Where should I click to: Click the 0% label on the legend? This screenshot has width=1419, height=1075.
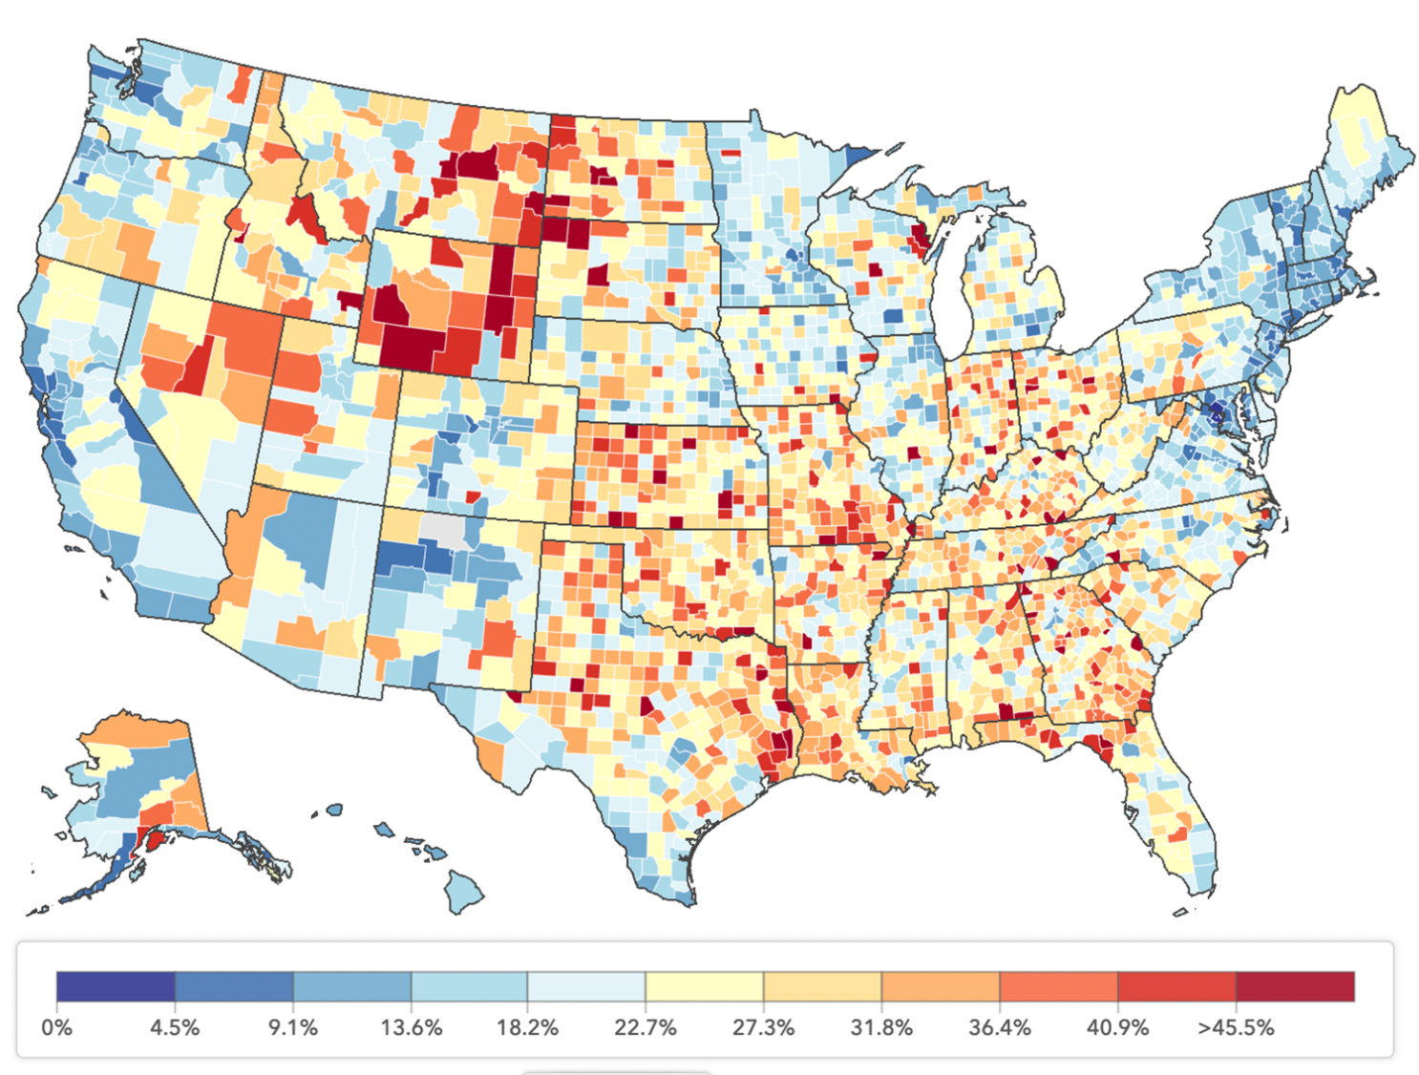(x=57, y=1028)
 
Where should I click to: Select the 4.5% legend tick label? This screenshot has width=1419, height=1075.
(x=175, y=1028)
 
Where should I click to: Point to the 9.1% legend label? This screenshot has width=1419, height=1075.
(x=292, y=1028)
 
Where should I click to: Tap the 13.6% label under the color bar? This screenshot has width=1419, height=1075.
(x=411, y=1028)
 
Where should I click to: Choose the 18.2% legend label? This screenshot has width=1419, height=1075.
(x=527, y=1028)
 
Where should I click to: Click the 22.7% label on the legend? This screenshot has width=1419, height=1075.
(x=646, y=1028)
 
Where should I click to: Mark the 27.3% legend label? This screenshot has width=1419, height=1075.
(x=763, y=1028)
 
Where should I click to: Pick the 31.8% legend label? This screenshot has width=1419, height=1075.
(x=881, y=1028)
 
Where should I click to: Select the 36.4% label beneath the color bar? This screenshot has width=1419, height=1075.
(x=999, y=1028)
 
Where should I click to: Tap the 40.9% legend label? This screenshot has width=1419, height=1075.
(x=1117, y=1028)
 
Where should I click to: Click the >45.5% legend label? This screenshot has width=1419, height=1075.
(x=1236, y=1028)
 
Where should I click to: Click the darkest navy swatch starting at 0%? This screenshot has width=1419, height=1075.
(x=116, y=986)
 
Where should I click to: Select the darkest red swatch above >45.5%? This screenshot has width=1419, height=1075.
(x=1295, y=986)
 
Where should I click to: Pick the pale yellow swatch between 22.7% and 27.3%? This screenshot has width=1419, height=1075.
(x=705, y=986)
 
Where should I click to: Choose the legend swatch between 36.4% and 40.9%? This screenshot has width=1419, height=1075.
(x=1058, y=986)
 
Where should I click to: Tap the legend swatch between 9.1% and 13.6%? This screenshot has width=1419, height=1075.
(x=351, y=986)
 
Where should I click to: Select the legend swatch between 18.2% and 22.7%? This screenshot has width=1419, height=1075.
(x=586, y=986)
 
